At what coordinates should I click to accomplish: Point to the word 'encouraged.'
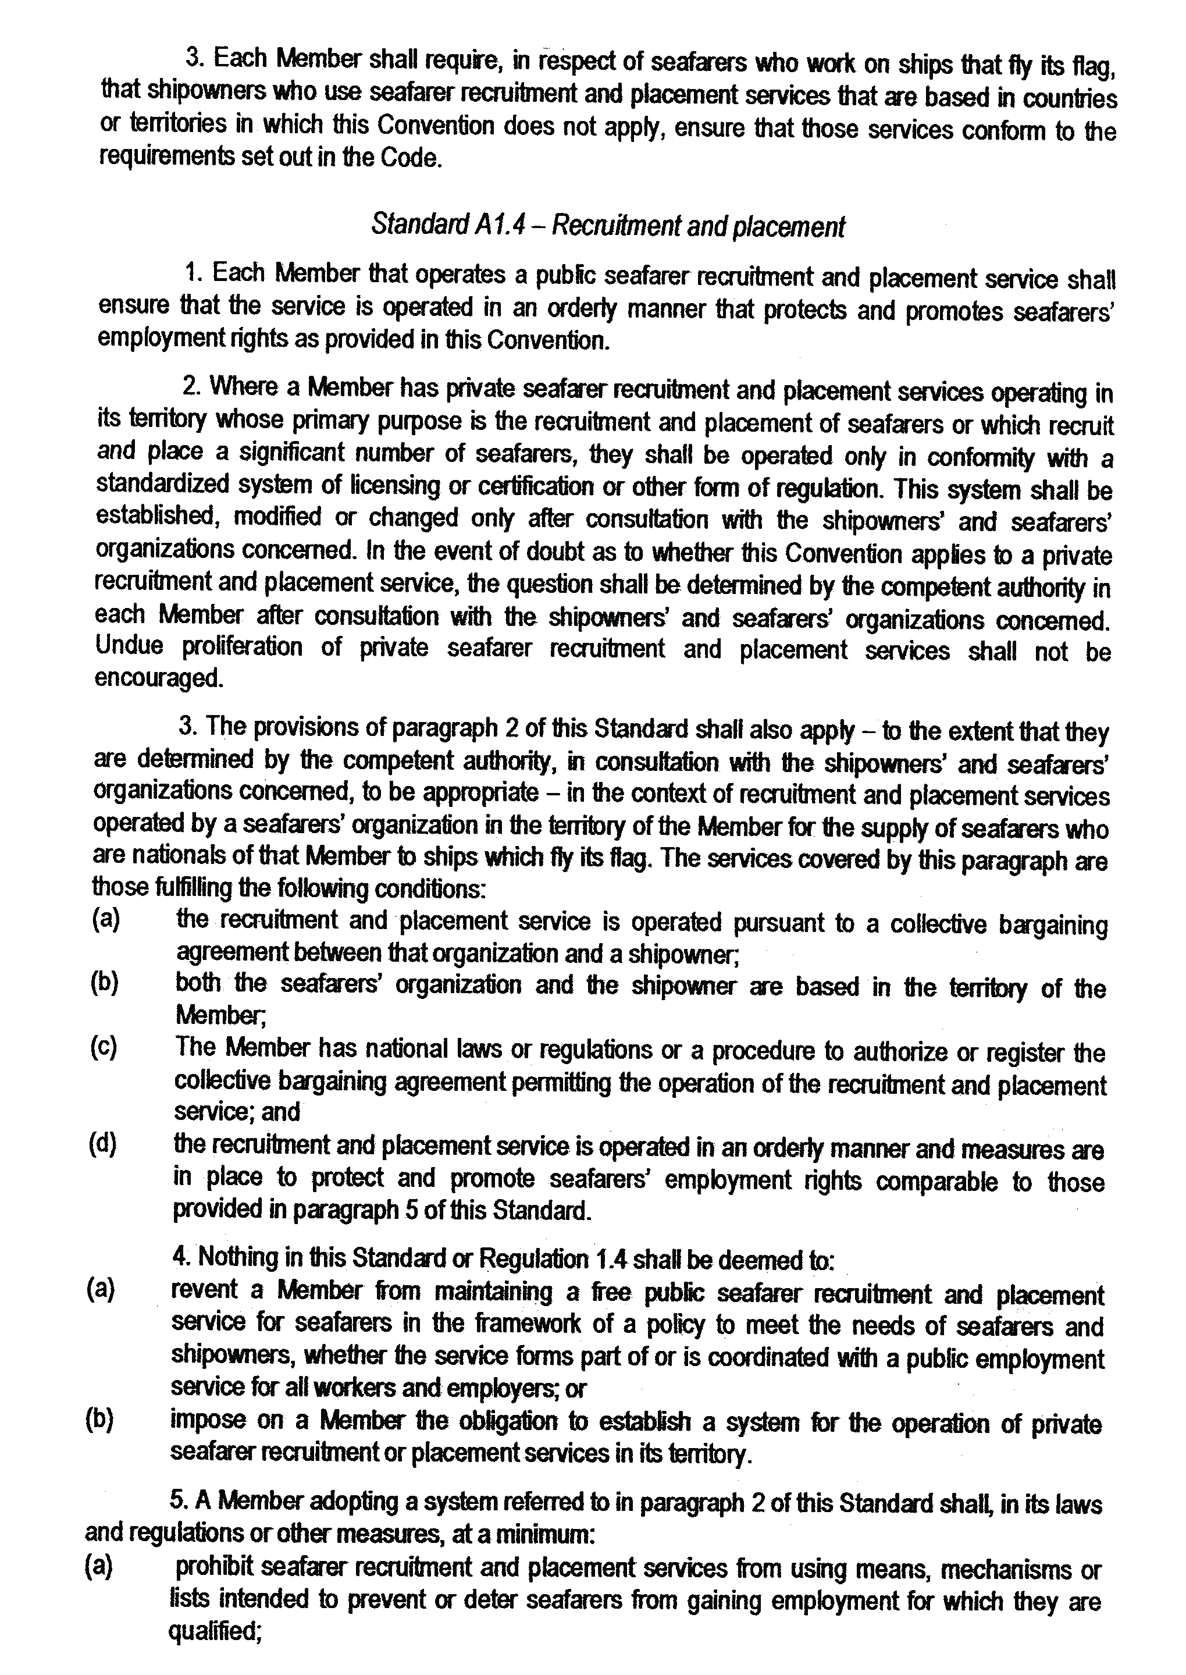coord(158,678)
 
